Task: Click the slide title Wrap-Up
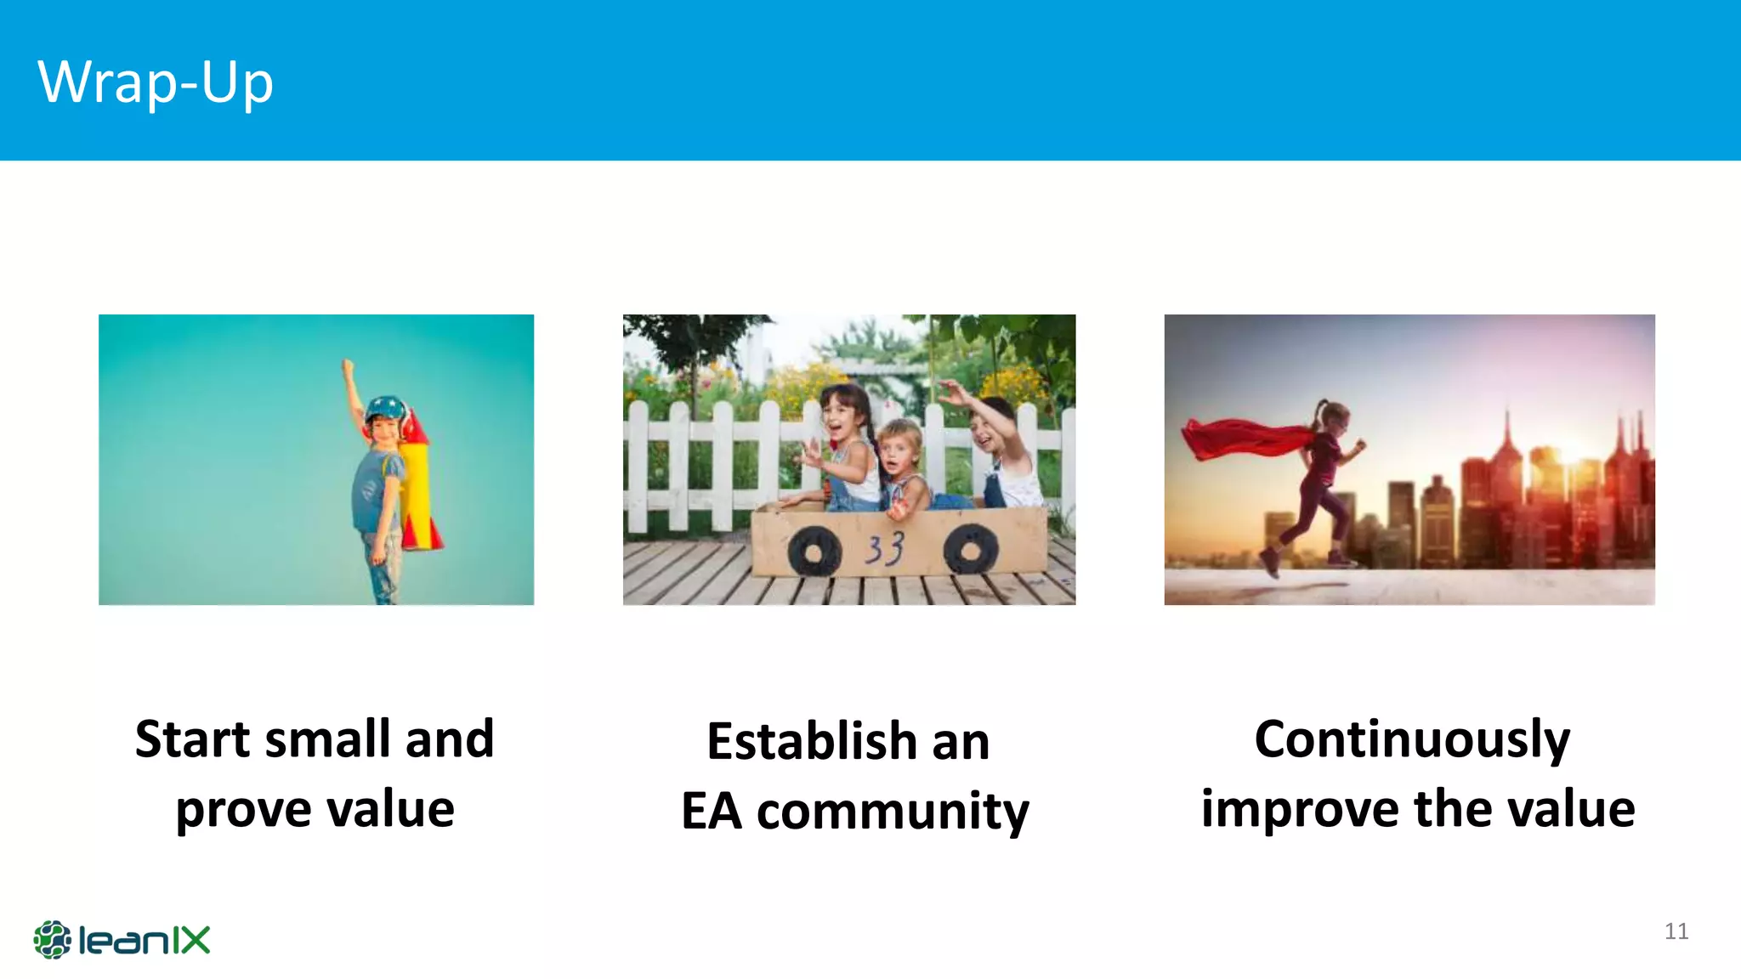tap(156, 82)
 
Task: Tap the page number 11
tap(1676, 931)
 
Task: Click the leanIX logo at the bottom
tap(122, 940)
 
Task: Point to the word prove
tap(243, 810)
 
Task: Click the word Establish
tap(811, 741)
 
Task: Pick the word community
tap(893, 812)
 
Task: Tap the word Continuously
tap(1412, 739)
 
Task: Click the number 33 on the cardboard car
tap(884, 549)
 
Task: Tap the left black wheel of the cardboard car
tap(814, 552)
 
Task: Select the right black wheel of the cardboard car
tap(970, 549)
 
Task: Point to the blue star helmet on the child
tap(387, 407)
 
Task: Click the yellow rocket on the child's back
tap(417, 489)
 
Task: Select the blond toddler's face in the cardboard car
tap(899, 450)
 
